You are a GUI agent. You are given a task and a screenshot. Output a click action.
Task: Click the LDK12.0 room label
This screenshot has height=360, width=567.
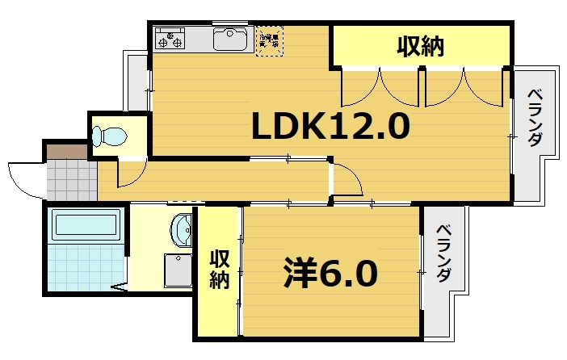pyautogui.click(x=331, y=126)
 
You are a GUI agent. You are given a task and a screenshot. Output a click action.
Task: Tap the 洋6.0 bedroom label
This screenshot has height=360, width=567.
pyautogui.click(x=330, y=274)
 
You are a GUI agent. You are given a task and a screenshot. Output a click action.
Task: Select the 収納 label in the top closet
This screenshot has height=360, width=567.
pyautogui.click(x=420, y=47)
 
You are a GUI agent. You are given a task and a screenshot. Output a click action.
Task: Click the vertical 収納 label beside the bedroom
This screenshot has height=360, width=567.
pyautogui.click(x=220, y=270)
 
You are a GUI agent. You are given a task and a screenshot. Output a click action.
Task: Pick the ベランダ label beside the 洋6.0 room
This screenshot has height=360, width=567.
pyautogui.click(x=443, y=253)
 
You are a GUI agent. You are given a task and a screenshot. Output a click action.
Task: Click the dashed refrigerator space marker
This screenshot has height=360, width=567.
pyautogui.click(x=270, y=40)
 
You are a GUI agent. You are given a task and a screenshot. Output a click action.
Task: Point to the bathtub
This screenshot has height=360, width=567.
pyautogui.click(x=85, y=225)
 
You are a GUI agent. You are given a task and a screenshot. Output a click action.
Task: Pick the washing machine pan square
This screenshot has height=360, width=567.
pyautogui.click(x=177, y=270)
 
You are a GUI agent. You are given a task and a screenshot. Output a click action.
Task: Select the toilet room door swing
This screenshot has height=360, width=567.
pyautogui.click(x=130, y=172)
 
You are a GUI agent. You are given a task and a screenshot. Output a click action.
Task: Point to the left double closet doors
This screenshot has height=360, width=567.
pyautogui.click(x=380, y=86)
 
